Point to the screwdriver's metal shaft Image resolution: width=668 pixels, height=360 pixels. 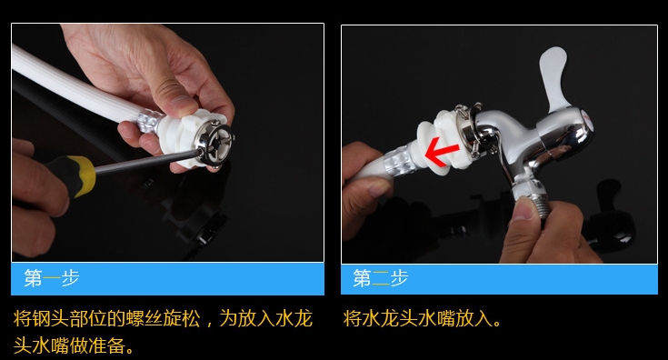click(147, 161)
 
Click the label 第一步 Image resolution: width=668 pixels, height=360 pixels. click(52, 278)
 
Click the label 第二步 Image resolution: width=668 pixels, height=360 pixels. click(381, 278)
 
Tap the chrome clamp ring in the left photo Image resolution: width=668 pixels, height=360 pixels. click(215, 143)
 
